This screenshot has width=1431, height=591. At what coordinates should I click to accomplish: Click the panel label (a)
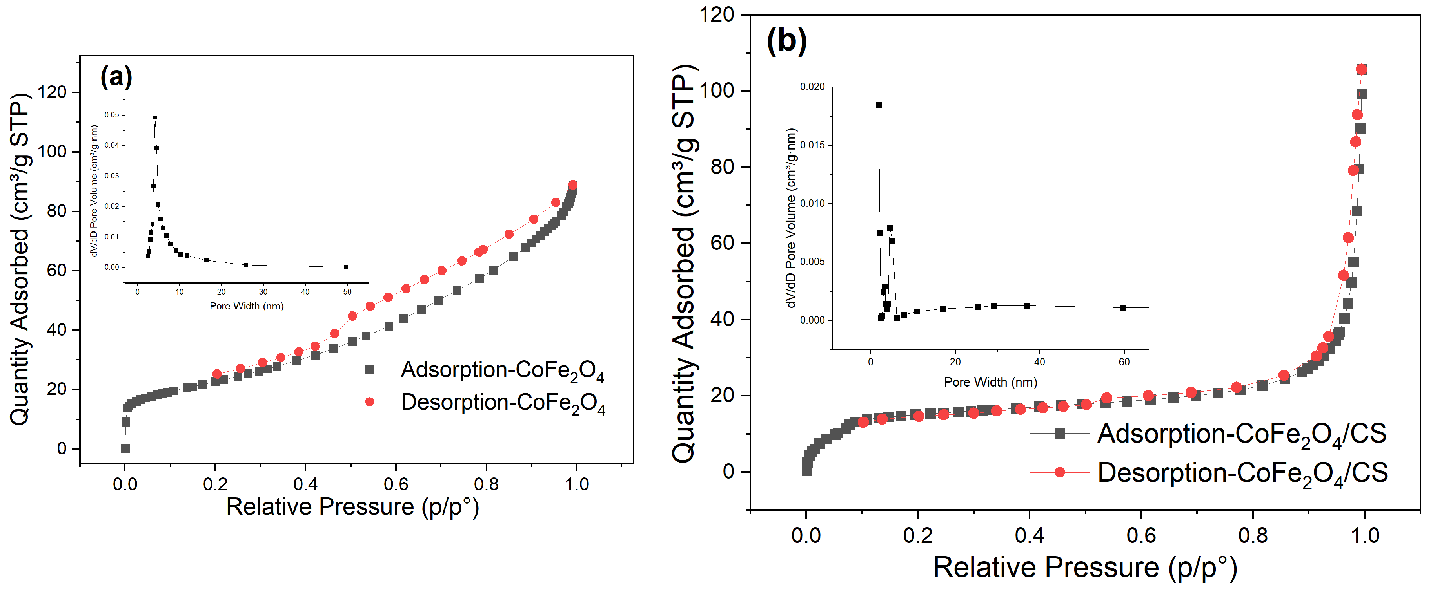pyautogui.click(x=116, y=77)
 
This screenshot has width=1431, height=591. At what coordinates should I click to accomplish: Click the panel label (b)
pyautogui.click(x=786, y=40)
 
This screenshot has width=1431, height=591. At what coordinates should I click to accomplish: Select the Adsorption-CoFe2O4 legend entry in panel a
pyautogui.click(x=486, y=370)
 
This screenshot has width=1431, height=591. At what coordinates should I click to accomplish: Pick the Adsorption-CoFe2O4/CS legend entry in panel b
pyautogui.click(x=1208, y=434)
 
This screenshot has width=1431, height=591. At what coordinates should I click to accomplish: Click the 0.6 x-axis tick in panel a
pyautogui.click(x=396, y=484)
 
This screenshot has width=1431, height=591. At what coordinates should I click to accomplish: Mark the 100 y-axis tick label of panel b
pyautogui.click(x=717, y=90)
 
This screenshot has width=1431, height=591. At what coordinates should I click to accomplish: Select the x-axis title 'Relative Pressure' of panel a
pyautogui.click(x=321, y=507)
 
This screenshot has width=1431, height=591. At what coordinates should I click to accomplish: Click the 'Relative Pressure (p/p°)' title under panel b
pyautogui.click(x=1085, y=568)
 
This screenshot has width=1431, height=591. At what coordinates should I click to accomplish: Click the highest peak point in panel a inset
pyautogui.click(x=155, y=117)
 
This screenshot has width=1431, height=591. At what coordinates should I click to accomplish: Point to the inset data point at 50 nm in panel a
pyautogui.click(x=346, y=267)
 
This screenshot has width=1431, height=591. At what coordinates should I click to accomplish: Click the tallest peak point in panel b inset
pyautogui.click(x=878, y=105)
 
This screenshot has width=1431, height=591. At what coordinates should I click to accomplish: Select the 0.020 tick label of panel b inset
pyautogui.click(x=812, y=87)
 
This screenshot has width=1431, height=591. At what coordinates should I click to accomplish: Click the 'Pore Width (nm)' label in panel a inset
pyautogui.click(x=247, y=306)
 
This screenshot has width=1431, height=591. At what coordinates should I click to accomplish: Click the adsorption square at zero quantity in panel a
pyautogui.click(x=125, y=448)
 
